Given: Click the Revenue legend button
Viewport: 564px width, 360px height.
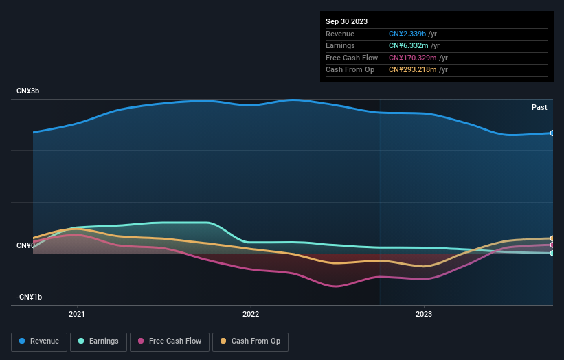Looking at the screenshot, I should coord(40,341).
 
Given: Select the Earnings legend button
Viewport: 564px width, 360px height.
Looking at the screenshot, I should coord(98,341).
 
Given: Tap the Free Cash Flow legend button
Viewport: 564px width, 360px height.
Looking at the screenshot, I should coord(169,341).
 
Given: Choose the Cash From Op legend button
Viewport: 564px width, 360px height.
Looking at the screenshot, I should coord(250,341).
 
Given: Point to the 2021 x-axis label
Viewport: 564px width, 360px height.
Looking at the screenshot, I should coord(77,315).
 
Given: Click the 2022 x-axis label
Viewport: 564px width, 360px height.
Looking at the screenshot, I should coord(251,315).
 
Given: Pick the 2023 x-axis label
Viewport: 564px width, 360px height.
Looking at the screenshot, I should coord(424,315).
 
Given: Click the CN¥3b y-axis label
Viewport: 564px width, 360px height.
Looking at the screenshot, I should coord(27,91).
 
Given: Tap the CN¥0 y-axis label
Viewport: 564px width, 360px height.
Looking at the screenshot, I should coord(25,245).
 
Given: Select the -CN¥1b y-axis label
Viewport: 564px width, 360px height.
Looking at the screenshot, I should coord(30,297).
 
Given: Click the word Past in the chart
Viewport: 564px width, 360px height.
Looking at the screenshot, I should coord(539,107).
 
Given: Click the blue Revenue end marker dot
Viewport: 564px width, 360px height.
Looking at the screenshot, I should coord(552,133).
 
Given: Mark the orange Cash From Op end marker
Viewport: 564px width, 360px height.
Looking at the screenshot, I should coord(552,238).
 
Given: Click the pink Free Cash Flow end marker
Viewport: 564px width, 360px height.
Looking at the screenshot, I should coord(552,245).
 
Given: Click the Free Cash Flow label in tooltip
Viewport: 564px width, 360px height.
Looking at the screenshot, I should coord(352,58).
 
